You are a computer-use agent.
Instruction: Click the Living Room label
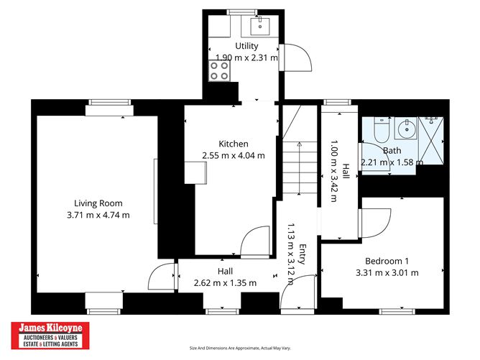click(98, 203)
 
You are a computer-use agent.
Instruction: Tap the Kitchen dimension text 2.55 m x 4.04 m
click(234, 155)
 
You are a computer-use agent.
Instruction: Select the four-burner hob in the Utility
click(219, 70)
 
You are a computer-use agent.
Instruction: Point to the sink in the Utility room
click(260, 27)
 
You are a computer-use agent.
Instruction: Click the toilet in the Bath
click(382, 130)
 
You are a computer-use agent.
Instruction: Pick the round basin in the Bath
click(407, 129)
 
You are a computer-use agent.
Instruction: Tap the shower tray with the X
click(430, 141)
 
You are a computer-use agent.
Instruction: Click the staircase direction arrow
click(299, 167)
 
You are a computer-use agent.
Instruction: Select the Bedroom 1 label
click(387, 261)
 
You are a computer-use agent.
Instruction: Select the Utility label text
click(246, 46)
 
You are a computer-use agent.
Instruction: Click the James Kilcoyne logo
click(50, 336)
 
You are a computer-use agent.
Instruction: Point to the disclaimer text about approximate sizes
click(240, 348)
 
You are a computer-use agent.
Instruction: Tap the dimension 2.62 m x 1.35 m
click(225, 283)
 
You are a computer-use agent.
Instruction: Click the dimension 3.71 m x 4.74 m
click(98, 215)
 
